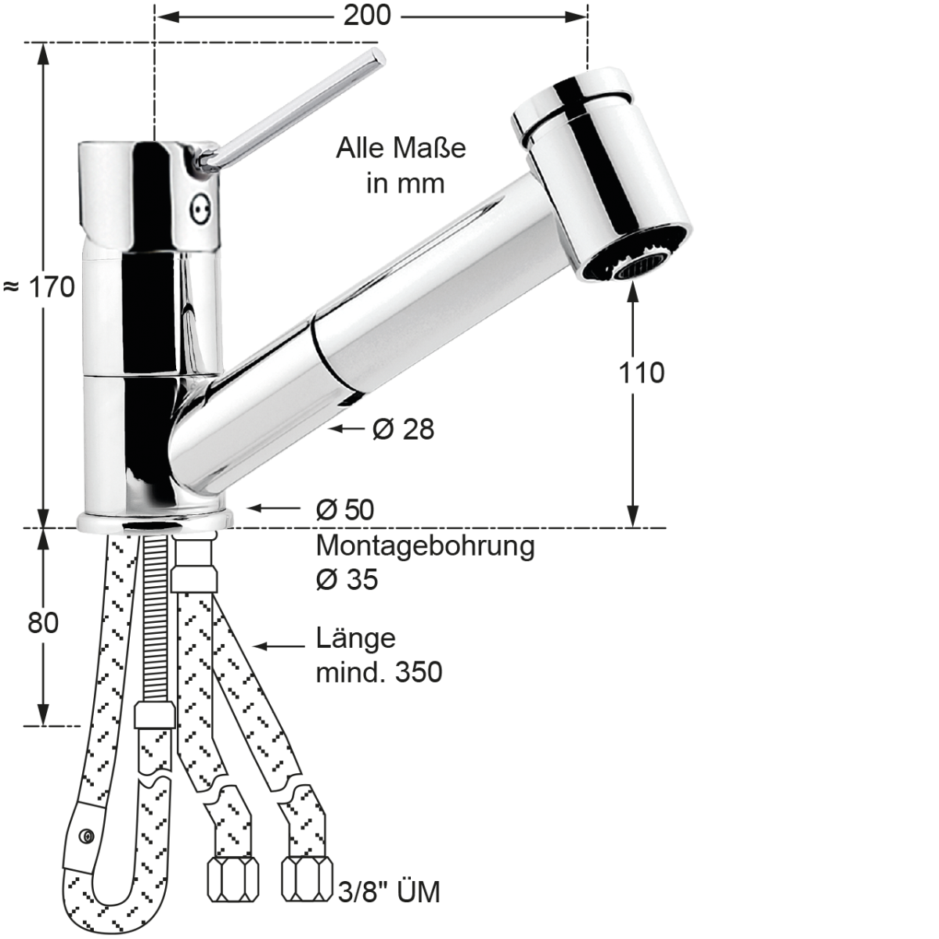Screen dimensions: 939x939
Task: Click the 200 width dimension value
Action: [x=367, y=16]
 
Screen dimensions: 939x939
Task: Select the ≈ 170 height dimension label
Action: [x=39, y=287]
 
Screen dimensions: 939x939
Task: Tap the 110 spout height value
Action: [x=641, y=373]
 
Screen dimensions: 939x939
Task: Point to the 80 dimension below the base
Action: [x=43, y=624]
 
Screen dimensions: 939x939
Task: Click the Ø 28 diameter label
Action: [x=403, y=429]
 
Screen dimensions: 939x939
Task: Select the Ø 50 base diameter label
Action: [x=345, y=510]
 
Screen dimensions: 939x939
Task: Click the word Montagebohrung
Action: [x=425, y=545]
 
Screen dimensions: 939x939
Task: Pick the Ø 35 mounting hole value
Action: [x=347, y=580]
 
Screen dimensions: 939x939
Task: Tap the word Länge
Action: [x=355, y=639]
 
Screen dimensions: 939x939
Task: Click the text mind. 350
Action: [x=379, y=672]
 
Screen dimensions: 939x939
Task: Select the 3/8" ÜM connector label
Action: [x=388, y=892]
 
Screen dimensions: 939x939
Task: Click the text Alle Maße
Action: [x=401, y=148]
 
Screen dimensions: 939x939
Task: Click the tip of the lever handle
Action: [x=378, y=57]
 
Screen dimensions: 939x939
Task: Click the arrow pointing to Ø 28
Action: [x=347, y=429]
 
